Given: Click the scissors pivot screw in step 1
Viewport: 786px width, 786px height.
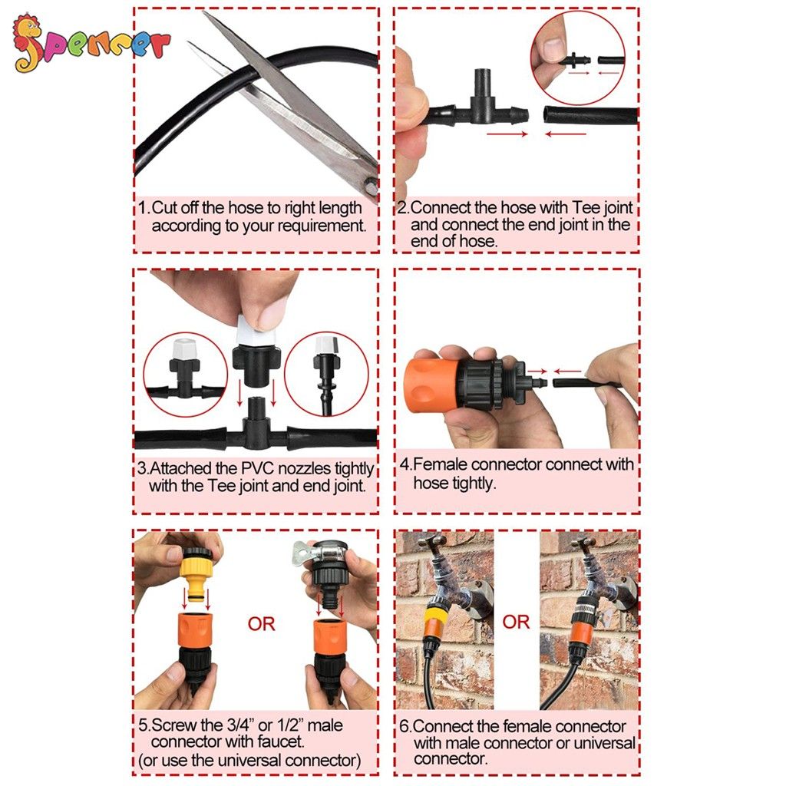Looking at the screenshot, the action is pos(371,186).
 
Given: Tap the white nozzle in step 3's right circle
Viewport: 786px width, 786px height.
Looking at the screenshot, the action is pos(325,345).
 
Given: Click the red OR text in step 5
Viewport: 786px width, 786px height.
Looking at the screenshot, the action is pos(261,624).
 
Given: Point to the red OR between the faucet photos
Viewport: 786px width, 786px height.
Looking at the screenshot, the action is pos(516,622).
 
